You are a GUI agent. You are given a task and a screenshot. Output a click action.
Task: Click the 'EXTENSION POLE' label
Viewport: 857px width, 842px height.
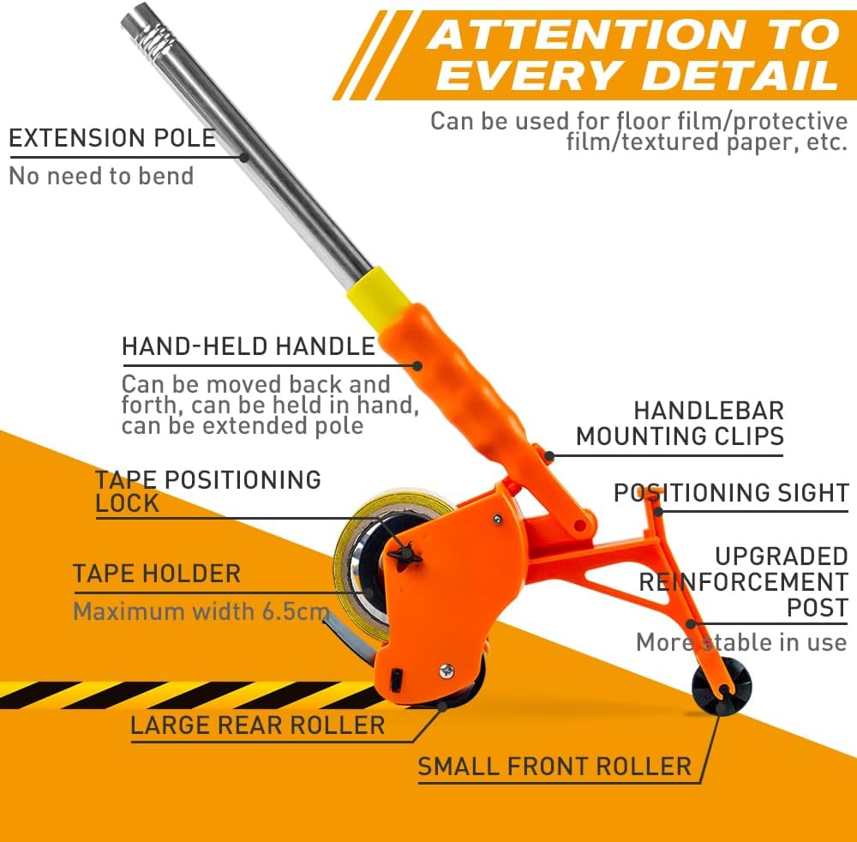click(x=112, y=138)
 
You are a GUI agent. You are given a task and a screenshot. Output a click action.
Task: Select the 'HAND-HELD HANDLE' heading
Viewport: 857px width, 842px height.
click(x=249, y=346)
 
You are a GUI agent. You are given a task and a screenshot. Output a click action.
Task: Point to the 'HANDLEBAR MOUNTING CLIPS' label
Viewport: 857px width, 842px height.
click(x=680, y=424)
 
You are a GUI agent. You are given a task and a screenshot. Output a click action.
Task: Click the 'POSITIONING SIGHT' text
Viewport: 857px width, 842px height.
click(x=731, y=493)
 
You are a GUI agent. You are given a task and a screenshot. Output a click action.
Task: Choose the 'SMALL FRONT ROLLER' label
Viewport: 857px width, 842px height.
click(x=554, y=767)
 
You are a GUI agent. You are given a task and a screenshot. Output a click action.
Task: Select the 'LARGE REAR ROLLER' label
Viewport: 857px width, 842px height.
click(x=257, y=725)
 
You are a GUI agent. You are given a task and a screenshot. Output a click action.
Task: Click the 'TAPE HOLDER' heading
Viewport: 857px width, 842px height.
click(x=157, y=574)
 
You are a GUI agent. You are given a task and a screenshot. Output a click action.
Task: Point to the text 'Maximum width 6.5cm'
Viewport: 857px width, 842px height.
click(x=201, y=611)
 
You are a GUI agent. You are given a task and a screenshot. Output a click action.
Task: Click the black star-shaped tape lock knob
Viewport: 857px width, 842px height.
click(x=405, y=555)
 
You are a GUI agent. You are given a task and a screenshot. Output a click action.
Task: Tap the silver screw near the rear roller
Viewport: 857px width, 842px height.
click(x=447, y=670)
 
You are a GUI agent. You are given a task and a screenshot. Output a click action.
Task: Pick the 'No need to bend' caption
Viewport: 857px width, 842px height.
click(x=102, y=176)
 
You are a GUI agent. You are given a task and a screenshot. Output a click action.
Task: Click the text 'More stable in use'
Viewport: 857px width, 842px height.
click(x=741, y=642)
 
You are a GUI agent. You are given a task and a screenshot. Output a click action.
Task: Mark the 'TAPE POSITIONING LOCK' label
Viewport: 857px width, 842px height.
click(x=207, y=491)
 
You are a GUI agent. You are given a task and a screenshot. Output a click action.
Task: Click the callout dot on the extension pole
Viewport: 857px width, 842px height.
click(x=244, y=158)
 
